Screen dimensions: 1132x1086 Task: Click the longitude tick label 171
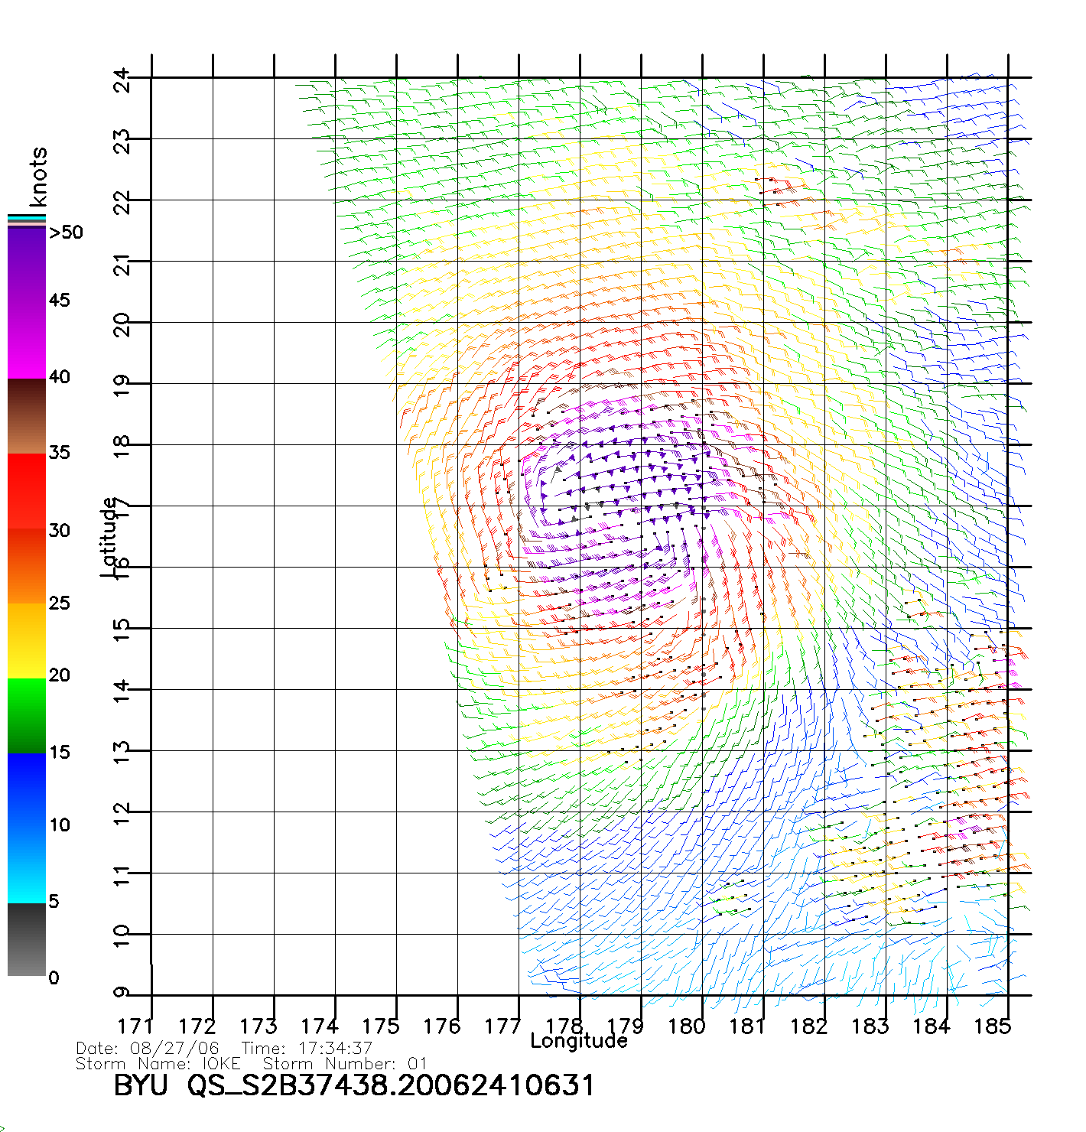tap(135, 1026)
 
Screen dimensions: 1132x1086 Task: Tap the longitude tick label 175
tap(380, 1026)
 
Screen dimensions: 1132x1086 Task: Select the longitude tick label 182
tap(808, 1026)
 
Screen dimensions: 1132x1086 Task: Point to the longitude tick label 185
tap(992, 1026)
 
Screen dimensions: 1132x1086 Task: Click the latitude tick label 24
tap(122, 79)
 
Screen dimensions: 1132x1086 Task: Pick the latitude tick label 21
tap(122, 265)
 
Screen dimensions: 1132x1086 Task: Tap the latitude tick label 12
tap(122, 814)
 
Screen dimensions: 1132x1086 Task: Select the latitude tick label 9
tap(122, 993)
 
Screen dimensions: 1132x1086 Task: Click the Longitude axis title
tap(579, 1041)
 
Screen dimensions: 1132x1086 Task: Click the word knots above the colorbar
tap(37, 177)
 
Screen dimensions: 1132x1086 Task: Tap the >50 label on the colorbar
tap(66, 233)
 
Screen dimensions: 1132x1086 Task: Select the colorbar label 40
tap(59, 376)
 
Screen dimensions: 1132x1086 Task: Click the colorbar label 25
tap(59, 603)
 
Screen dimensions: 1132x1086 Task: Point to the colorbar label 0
tap(53, 977)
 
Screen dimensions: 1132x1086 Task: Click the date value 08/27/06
tap(174, 1049)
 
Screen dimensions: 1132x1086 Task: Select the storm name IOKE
tap(221, 1064)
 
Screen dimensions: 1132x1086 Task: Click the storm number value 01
tap(417, 1064)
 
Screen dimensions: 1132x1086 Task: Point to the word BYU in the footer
tap(141, 1085)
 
